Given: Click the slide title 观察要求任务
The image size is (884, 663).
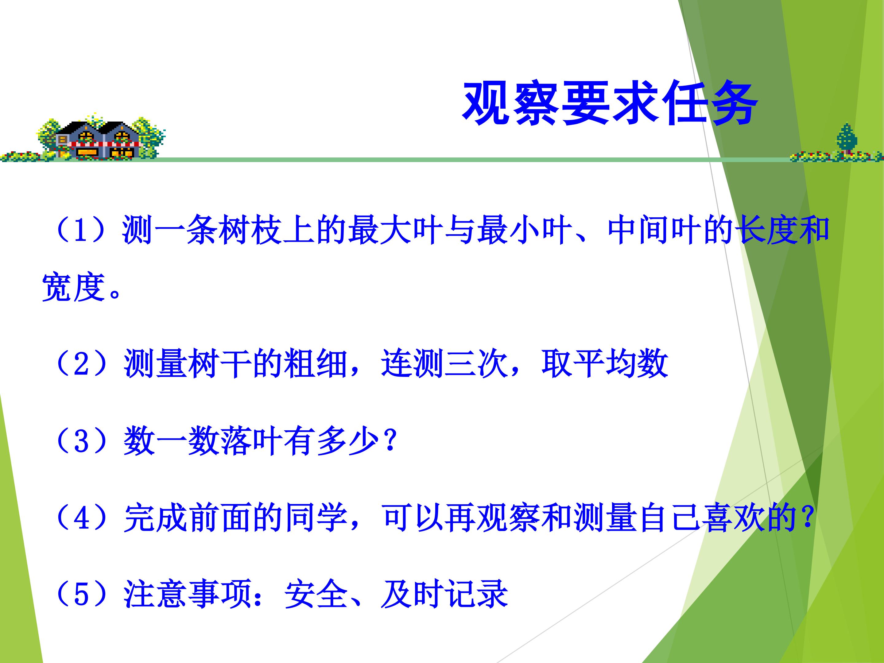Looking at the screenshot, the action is (x=610, y=104).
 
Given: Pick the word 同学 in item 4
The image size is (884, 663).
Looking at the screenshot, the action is (x=316, y=518).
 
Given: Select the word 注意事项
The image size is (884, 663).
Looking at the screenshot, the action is (x=188, y=594).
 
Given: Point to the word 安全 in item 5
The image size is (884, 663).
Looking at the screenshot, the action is (x=316, y=594).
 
